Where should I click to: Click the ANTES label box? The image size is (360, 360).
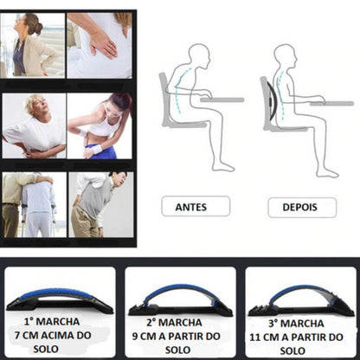[196, 206]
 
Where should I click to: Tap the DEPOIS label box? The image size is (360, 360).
[302, 208]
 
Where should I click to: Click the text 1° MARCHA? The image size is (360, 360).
[52, 322]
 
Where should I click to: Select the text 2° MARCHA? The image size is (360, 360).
[174, 323]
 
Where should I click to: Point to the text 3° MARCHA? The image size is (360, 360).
[296, 324]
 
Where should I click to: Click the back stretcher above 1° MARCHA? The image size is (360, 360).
[60, 300]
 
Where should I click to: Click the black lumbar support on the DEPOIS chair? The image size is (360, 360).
[272, 101]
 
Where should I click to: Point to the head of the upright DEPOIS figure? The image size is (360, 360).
[286, 55]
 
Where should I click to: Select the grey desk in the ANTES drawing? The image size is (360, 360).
[222, 100]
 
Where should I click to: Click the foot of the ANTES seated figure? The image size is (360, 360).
[223, 166]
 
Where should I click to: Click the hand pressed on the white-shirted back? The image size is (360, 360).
[102, 43]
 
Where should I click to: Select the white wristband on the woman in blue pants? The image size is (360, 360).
[96, 149]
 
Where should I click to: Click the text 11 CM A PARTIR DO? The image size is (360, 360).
[296, 337]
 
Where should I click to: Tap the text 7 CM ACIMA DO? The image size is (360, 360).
[53, 336]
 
